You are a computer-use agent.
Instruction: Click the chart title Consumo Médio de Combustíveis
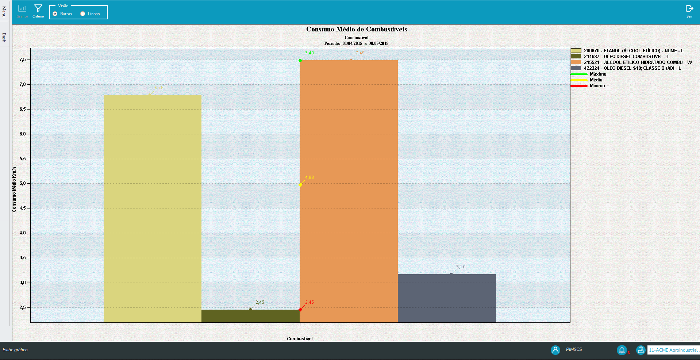click(357, 29)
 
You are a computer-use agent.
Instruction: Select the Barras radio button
click(55, 14)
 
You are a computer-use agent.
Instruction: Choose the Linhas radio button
click(83, 14)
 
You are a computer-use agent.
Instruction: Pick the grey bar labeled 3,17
click(447, 298)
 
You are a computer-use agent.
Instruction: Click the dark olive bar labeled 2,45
click(250, 316)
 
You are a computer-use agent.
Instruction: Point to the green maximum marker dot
click(300, 60)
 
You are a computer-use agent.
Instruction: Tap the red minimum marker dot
click(300, 310)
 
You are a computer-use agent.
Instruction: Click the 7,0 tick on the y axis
click(23, 84)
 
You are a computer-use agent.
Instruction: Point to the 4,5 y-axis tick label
click(23, 208)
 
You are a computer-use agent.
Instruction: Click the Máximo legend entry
click(598, 74)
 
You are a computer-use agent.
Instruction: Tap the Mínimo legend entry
click(597, 86)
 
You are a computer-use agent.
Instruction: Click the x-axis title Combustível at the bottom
click(300, 339)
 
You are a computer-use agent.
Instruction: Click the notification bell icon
click(622, 350)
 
